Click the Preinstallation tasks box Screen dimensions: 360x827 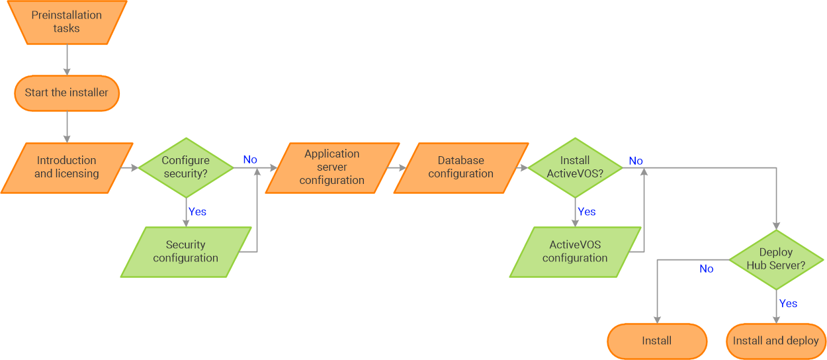(x=66, y=22)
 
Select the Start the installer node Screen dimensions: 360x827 (x=66, y=93)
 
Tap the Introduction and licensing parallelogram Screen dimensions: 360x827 (x=66, y=167)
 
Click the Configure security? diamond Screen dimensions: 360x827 (x=186, y=167)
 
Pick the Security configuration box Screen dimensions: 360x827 (x=186, y=251)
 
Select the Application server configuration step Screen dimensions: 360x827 (x=332, y=167)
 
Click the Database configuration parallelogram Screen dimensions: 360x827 (x=461, y=167)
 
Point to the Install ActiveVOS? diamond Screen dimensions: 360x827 (x=575, y=167)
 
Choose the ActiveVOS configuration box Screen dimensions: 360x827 (x=575, y=251)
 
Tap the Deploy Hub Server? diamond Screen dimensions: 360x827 (x=776, y=259)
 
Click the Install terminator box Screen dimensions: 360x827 (x=657, y=341)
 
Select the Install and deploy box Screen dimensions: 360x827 (x=776, y=341)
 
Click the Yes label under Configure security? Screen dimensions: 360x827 (x=197, y=212)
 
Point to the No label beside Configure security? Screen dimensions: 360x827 (x=250, y=159)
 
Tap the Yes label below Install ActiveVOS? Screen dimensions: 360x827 (x=586, y=212)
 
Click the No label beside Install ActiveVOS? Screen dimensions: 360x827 (x=636, y=161)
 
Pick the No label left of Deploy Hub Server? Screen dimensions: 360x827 (x=707, y=269)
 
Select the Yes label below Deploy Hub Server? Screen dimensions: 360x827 (x=788, y=304)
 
